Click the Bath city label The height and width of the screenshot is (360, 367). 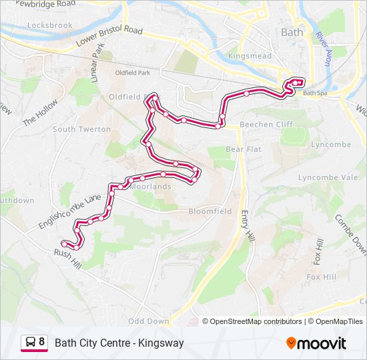tap(292, 32)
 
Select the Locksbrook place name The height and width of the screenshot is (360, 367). tap(50, 25)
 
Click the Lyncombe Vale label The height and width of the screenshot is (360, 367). tap(328, 177)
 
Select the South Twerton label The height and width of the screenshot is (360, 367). tap(82, 129)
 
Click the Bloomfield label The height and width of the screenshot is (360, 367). tap(210, 211)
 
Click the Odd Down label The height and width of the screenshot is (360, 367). tap(148, 321)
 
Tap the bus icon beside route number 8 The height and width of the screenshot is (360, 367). tap(30, 343)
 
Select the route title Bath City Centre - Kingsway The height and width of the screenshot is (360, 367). tap(119, 343)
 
